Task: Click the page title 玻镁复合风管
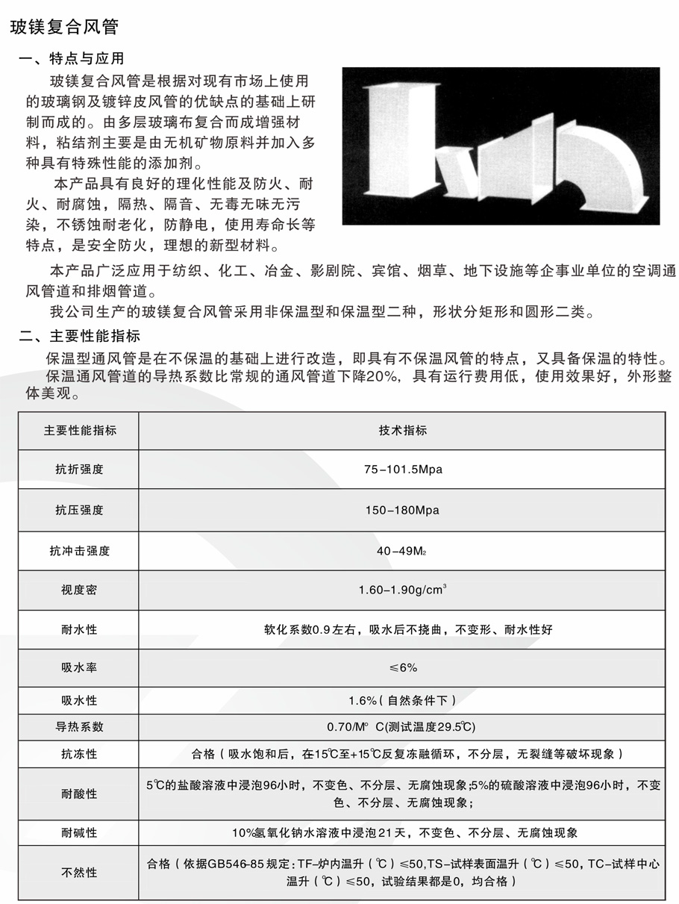pyautogui.click(x=63, y=28)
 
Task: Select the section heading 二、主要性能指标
pyautogui.click(x=79, y=336)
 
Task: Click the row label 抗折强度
pyautogui.click(x=79, y=470)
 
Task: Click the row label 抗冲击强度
pyautogui.click(x=79, y=551)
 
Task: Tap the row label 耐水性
pyautogui.click(x=79, y=629)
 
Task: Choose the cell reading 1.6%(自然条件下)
pyautogui.click(x=402, y=700)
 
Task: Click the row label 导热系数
pyautogui.click(x=79, y=726)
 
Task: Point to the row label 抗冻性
pyautogui.click(x=79, y=754)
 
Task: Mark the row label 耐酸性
pyautogui.click(x=79, y=794)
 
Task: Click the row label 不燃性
pyautogui.click(x=79, y=872)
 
